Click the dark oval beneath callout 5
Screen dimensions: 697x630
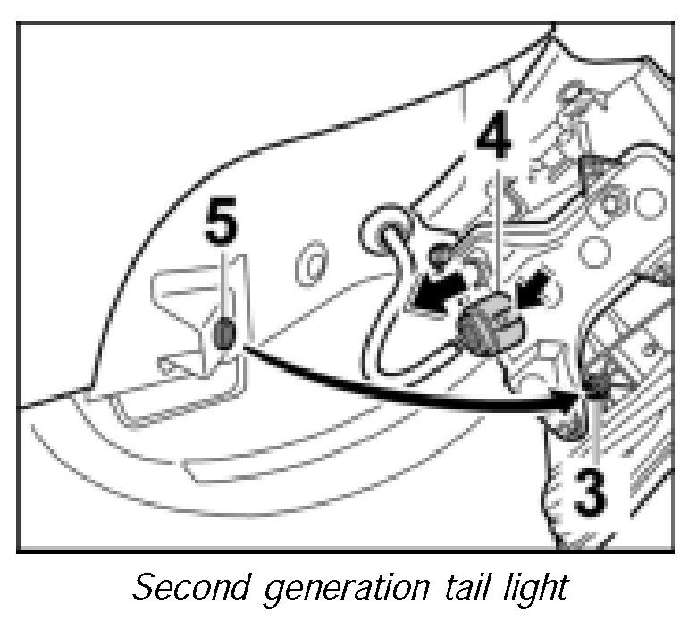coord(224,334)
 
